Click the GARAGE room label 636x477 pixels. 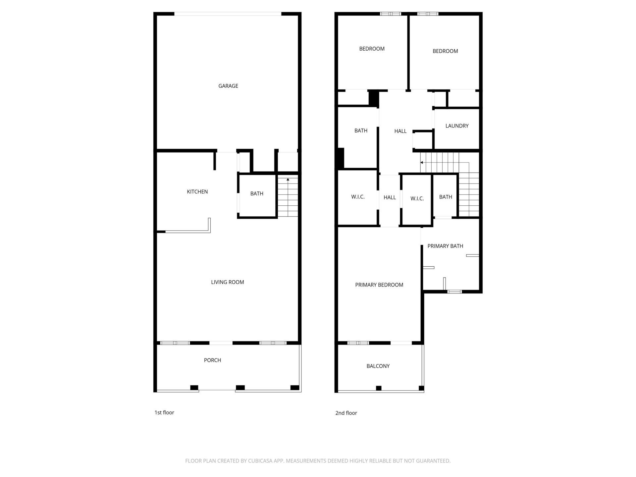pyautogui.click(x=228, y=86)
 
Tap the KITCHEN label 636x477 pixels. pyautogui.click(x=197, y=192)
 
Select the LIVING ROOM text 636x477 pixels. pyautogui.click(x=227, y=282)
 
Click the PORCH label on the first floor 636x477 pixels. pyautogui.click(x=212, y=360)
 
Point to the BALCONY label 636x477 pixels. pyautogui.click(x=378, y=366)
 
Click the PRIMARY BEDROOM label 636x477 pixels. pyautogui.click(x=379, y=285)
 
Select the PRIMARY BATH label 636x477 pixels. pyautogui.click(x=445, y=246)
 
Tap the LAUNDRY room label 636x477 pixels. pyautogui.click(x=457, y=126)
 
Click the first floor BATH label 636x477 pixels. pyautogui.click(x=257, y=194)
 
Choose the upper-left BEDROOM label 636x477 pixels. pyautogui.click(x=372, y=49)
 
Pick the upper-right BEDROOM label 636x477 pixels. pyautogui.click(x=445, y=51)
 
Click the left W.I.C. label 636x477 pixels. pyautogui.click(x=358, y=197)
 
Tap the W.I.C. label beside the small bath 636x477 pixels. pyautogui.click(x=417, y=199)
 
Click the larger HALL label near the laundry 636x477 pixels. pyautogui.click(x=400, y=132)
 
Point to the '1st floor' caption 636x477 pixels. pyautogui.click(x=164, y=413)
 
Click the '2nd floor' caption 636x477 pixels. pyautogui.click(x=346, y=413)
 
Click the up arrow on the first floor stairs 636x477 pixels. pyautogui.click(x=288, y=180)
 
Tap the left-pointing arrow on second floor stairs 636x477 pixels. pyautogui.click(x=422, y=163)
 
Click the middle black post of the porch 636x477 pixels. pyautogui.click(x=240, y=388)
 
